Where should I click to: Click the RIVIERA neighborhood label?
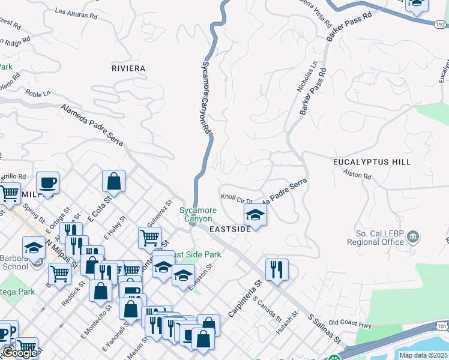click(128, 68)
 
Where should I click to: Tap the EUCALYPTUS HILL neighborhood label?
click(372, 162)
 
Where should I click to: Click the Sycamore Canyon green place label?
click(198, 215)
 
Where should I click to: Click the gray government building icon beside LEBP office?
click(413, 237)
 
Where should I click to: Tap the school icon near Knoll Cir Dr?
click(255, 215)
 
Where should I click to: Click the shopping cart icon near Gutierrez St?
click(149, 237)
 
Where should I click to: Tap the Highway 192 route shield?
click(440, 23)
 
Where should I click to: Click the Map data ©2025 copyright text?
click(423, 355)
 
